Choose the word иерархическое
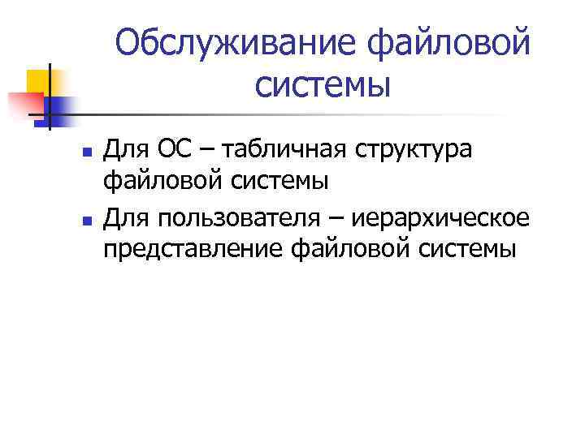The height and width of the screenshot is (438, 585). [x=440, y=217]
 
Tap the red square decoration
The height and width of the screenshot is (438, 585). [x=24, y=105]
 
